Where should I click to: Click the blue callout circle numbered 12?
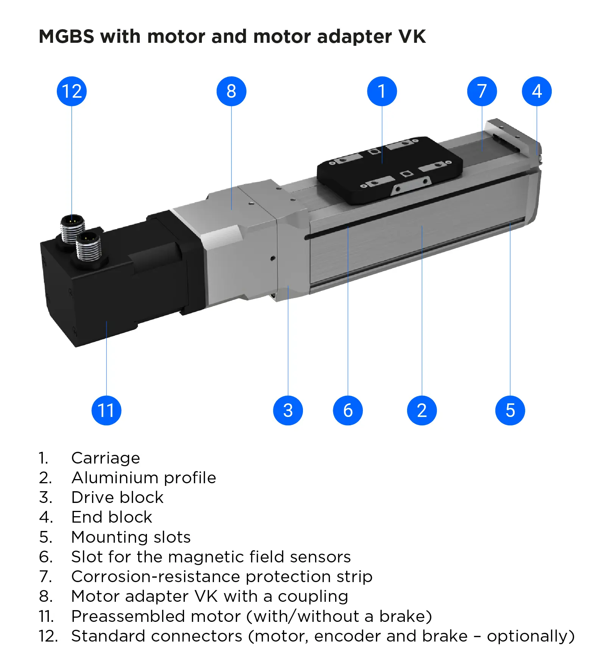click(72, 91)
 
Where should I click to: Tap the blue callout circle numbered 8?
click(231, 91)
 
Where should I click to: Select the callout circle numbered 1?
click(382, 91)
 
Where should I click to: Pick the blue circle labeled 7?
click(482, 91)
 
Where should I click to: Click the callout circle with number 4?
click(537, 91)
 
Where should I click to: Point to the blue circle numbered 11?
click(106, 411)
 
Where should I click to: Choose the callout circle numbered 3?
click(288, 411)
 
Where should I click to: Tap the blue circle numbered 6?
click(348, 411)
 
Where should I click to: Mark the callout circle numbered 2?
click(422, 411)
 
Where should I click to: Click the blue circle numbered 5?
click(510, 411)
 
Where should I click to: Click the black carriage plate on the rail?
click(390, 170)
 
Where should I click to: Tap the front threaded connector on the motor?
click(89, 247)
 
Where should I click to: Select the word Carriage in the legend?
click(106, 458)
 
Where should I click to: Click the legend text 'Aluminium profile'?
click(144, 478)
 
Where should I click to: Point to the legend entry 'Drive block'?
click(117, 498)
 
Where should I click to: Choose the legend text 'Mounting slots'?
click(131, 537)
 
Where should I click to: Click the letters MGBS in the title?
click(66, 37)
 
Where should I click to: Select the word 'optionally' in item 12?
click(530, 636)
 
